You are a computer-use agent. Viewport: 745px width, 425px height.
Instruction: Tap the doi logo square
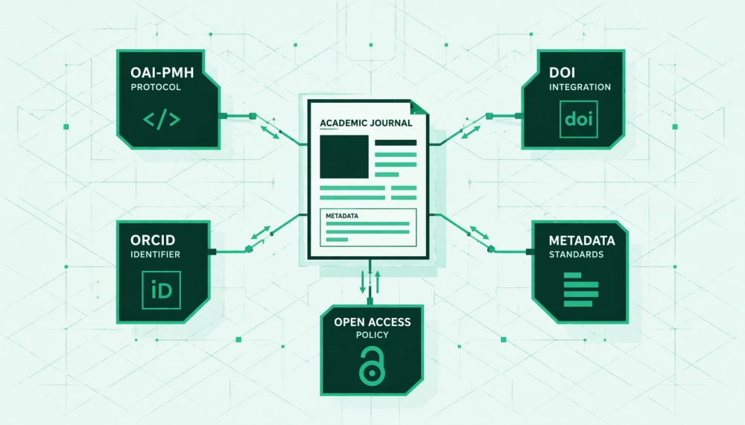point(580,119)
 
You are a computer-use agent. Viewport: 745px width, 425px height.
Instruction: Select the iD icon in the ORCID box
point(161,290)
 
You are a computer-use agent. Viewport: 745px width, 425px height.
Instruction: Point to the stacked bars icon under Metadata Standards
point(580,289)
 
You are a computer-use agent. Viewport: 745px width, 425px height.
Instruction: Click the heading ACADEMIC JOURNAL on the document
point(365,123)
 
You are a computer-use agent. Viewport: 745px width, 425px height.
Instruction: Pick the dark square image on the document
point(343,156)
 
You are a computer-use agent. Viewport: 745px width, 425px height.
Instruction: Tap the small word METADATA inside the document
point(343,216)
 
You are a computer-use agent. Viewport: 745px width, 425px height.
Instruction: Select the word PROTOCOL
point(156,87)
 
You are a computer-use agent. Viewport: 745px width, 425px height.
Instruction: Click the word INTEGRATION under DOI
point(580,87)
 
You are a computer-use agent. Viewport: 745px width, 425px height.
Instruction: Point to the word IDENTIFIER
point(155,255)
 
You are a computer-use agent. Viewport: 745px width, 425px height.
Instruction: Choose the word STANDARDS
point(576,255)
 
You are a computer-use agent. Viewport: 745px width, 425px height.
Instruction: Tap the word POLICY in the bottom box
point(372,335)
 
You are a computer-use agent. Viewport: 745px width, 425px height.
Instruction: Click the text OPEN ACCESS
point(372,322)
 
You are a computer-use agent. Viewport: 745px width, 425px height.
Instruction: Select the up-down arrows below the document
point(371,281)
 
